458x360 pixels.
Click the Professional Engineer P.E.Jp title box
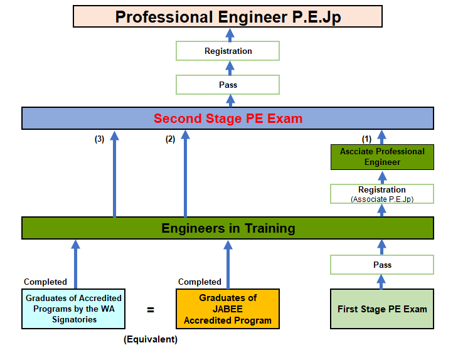click(228, 16)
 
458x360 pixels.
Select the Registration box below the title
click(228, 51)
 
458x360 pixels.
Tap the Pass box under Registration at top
click(228, 85)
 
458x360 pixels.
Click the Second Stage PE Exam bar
click(228, 119)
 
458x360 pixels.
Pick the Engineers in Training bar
click(228, 228)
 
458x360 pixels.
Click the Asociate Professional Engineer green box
click(382, 157)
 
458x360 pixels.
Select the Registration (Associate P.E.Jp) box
click(382, 193)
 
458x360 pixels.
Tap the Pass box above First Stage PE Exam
click(382, 265)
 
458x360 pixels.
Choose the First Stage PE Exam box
click(382, 309)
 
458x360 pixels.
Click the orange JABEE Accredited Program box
click(228, 309)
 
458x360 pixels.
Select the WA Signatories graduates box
click(73, 309)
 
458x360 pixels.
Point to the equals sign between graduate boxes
click(151, 309)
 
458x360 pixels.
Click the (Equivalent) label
click(151, 339)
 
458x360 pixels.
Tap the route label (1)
click(367, 138)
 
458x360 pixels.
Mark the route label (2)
click(170, 140)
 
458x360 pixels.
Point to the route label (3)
click(99, 140)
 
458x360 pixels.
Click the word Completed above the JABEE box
click(200, 282)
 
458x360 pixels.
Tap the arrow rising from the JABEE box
click(228, 263)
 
